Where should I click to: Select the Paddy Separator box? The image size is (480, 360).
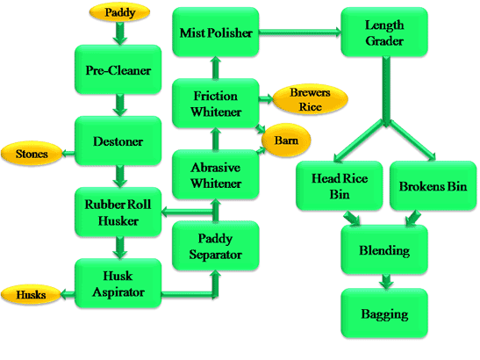pos(217,247)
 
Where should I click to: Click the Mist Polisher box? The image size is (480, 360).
pos(216,34)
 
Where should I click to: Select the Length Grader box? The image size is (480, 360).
pos(384,34)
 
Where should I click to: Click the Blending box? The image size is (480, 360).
pos(384,250)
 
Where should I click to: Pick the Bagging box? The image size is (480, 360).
pos(384,313)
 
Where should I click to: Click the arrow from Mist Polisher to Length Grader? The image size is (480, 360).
pos(299,34)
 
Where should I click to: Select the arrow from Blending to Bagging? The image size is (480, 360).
pos(384,281)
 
